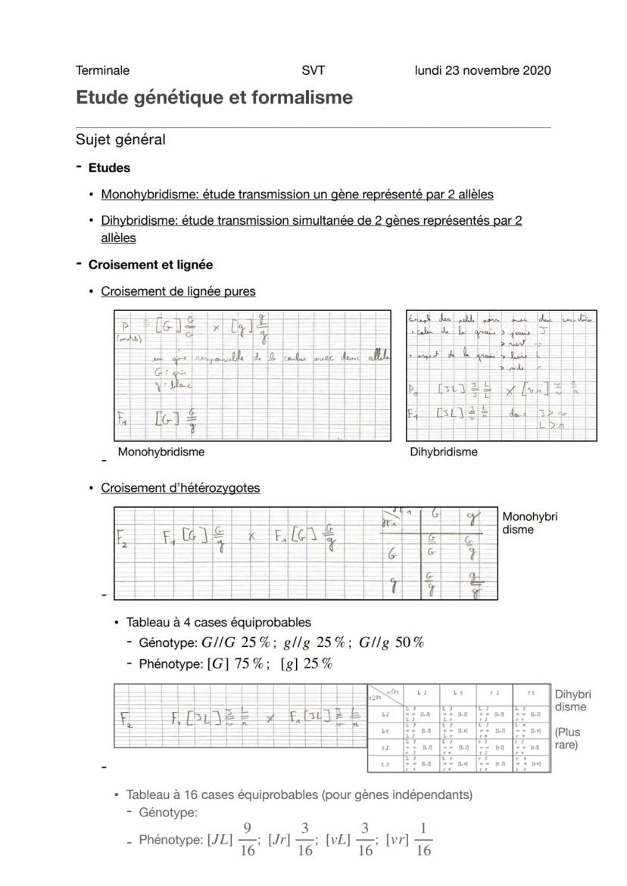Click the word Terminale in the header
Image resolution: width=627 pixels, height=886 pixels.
click(x=102, y=70)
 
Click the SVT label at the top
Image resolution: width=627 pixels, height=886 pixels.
click(x=313, y=70)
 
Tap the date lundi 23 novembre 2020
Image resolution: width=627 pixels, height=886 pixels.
click(x=482, y=70)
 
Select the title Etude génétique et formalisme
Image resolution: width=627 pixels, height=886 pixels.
click(x=214, y=98)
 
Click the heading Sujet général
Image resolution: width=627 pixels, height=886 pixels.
click(x=120, y=139)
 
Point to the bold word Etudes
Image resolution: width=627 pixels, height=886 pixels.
click(x=109, y=167)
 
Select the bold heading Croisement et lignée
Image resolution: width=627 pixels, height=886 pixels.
click(x=150, y=265)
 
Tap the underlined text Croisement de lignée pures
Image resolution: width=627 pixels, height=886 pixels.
click(x=178, y=291)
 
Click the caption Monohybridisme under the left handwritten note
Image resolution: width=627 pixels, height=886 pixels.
click(x=161, y=452)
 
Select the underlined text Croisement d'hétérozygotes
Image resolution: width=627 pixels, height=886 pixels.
click(x=180, y=488)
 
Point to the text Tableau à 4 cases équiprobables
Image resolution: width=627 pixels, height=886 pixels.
click(x=218, y=623)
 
